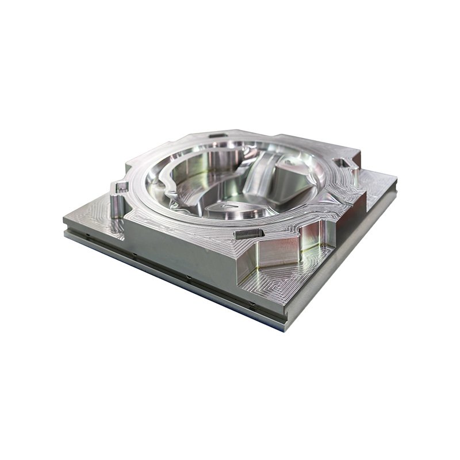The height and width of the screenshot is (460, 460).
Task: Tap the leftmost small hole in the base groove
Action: (x=85, y=234)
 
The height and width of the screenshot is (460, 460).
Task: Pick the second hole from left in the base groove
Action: (x=133, y=254)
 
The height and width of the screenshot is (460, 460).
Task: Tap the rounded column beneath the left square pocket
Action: (x=117, y=207)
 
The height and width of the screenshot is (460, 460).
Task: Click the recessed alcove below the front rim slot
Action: (x=276, y=253)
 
